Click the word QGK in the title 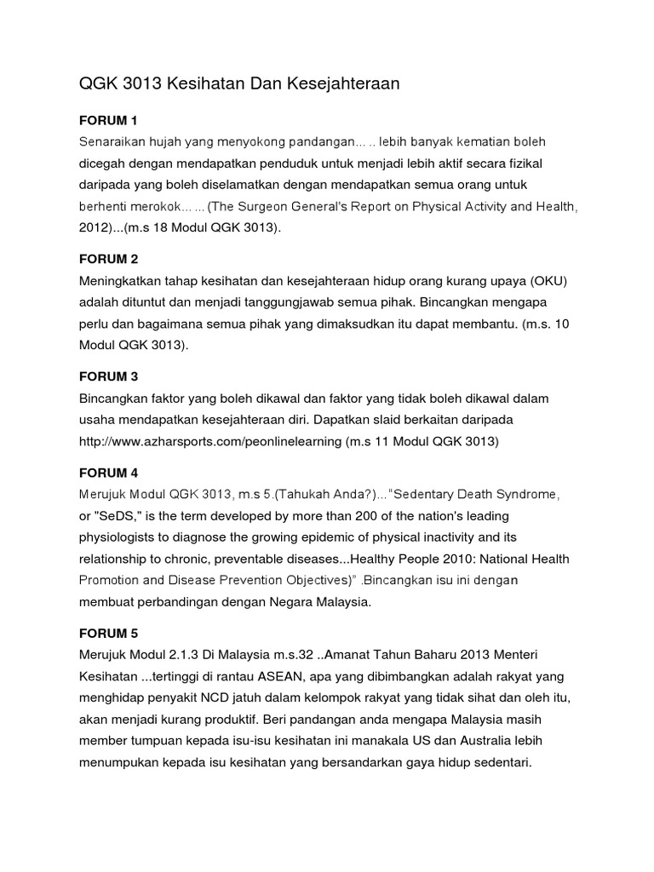click(x=97, y=83)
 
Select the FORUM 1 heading click(x=108, y=119)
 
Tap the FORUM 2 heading click(x=108, y=259)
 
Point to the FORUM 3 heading click(x=108, y=376)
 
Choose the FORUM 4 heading click(x=108, y=473)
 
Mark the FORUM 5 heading click(x=108, y=634)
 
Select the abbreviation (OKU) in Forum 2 click(x=549, y=281)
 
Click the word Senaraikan click(x=113, y=141)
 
